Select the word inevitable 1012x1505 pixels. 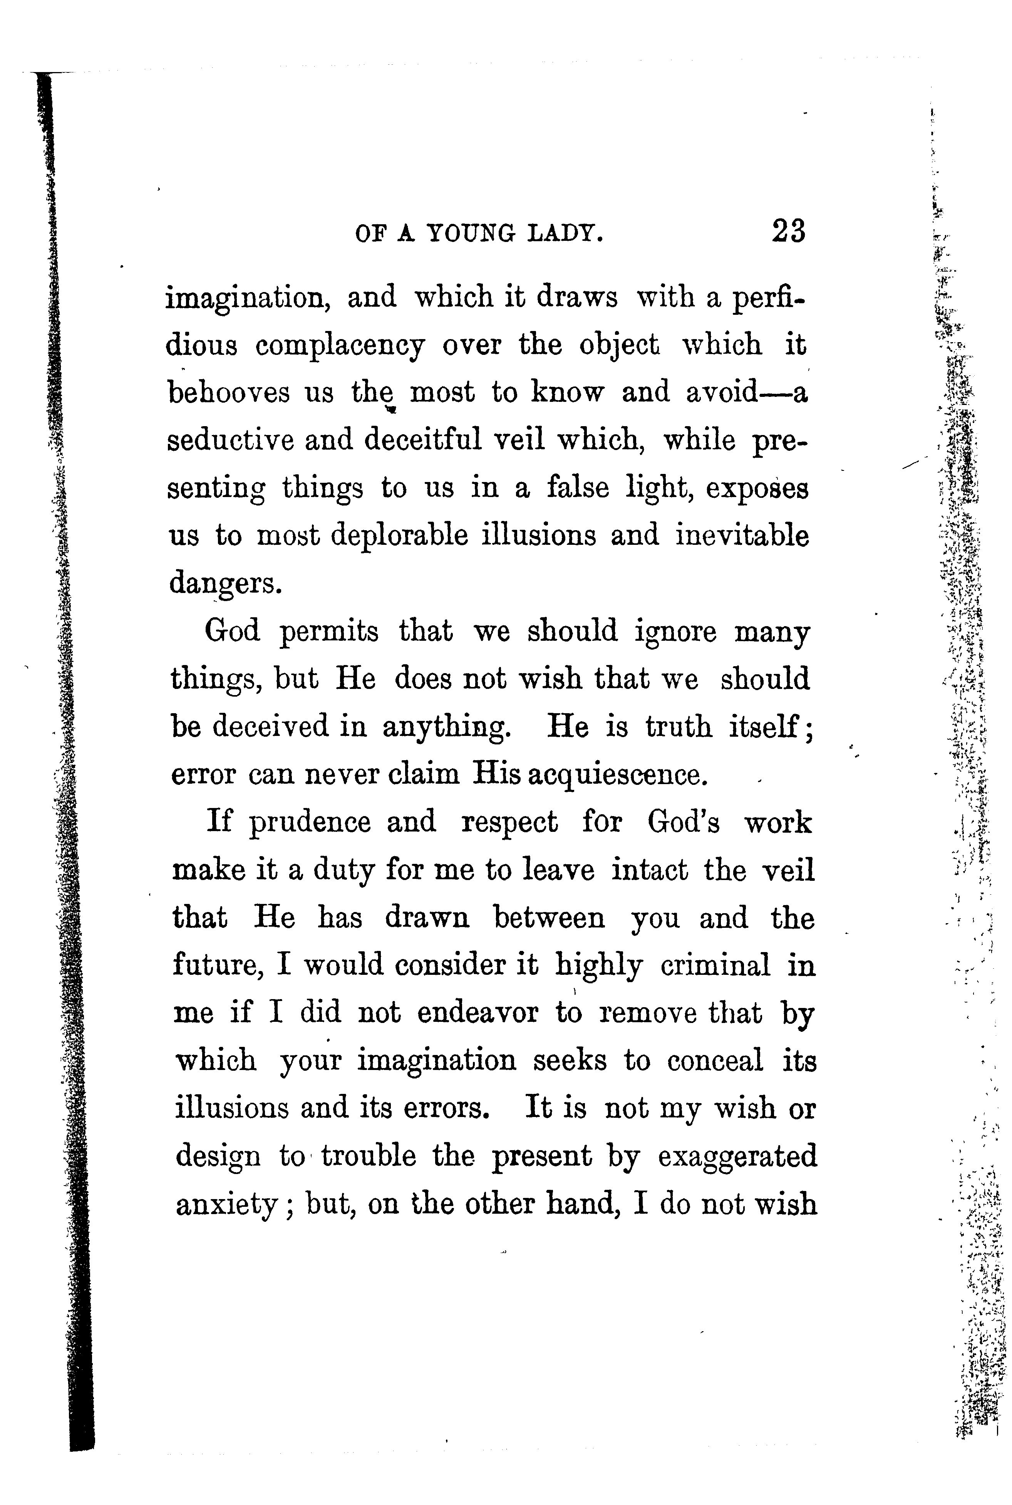(742, 536)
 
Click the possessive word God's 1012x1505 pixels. (684, 823)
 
